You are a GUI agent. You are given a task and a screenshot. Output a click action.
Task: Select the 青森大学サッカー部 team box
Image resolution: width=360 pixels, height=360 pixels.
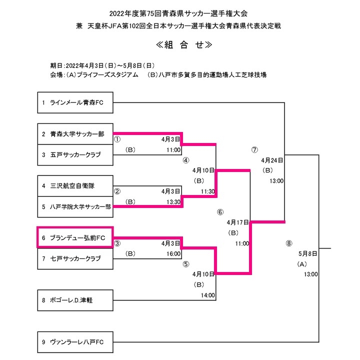click(75, 134)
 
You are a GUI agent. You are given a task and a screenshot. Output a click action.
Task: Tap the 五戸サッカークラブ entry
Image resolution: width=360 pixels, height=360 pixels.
click(75, 155)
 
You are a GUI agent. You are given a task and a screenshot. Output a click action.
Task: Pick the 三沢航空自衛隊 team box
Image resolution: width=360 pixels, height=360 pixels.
click(75, 185)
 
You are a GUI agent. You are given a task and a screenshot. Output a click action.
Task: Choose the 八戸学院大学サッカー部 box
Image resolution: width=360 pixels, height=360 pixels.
click(75, 206)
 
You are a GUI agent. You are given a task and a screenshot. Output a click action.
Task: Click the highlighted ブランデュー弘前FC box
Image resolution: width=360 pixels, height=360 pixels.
click(75, 237)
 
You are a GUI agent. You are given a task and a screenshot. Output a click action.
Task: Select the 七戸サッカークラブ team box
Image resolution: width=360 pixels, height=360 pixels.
click(75, 258)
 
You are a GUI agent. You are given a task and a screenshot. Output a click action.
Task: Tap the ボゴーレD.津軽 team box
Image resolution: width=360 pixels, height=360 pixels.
click(75, 300)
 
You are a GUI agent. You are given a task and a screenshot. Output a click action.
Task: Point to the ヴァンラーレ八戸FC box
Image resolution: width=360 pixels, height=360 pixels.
click(75, 342)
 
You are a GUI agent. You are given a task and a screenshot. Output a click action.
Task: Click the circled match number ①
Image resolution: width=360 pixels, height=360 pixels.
click(118, 139)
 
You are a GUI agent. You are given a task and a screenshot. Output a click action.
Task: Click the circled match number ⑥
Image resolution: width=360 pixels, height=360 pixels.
click(220, 212)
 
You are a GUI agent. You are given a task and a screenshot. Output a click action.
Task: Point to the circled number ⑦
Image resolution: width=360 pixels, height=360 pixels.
click(254, 149)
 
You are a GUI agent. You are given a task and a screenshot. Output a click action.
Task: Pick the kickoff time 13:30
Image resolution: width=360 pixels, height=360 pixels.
click(173, 201)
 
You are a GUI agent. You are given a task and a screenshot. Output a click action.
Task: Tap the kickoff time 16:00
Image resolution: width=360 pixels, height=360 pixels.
click(173, 254)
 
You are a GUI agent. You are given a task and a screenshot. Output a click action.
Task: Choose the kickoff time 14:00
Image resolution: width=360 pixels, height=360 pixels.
click(207, 295)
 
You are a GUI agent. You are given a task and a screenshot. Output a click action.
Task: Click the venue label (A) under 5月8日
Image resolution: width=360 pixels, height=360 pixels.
click(301, 264)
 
